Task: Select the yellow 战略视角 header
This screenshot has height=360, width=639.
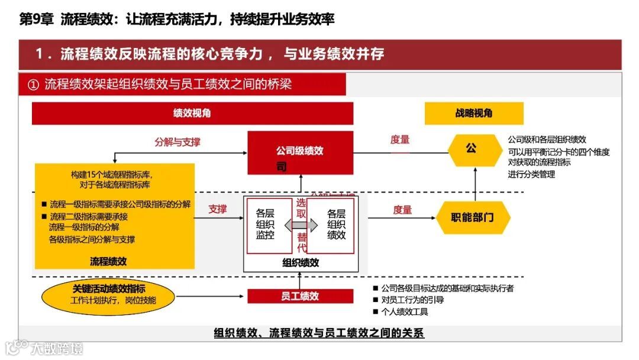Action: (x=473, y=113)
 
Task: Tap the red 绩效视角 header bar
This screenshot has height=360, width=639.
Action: (x=192, y=113)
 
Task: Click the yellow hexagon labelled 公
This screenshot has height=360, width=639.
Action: (x=471, y=149)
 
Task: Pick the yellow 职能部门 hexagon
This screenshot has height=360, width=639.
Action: (x=472, y=217)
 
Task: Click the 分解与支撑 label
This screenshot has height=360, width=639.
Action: (x=177, y=142)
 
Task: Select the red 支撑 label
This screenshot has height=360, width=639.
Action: (x=217, y=209)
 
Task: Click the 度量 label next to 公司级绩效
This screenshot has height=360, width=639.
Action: (x=400, y=140)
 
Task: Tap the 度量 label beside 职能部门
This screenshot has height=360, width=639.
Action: (x=402, y=210)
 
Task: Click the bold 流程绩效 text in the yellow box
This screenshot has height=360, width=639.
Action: (x=109, y=261)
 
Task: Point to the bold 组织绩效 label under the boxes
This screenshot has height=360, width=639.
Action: (x=300, y=263)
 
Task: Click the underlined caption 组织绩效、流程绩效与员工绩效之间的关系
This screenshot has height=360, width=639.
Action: (x=319, y=333)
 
